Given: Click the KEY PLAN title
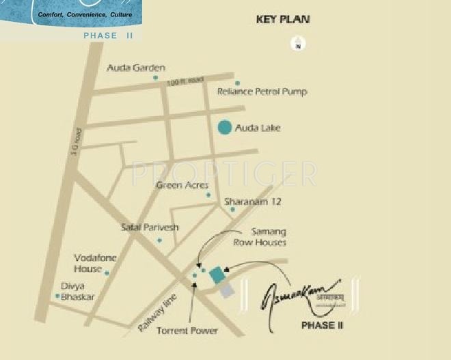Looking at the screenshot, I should click(283, 19).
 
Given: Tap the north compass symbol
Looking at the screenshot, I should click(299, 45).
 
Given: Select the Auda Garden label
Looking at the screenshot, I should click(137, 68).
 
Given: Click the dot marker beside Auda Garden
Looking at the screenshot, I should click(156, 78).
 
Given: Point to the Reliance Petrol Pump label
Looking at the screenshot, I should click(262, 92).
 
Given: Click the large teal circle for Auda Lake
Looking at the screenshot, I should click(223, 127).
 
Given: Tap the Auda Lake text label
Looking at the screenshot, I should click(258, 128).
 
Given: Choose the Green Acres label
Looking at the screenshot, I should click(182, 185).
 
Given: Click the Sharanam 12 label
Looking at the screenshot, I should click(252, 202).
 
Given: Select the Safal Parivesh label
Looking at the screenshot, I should click(150, 227).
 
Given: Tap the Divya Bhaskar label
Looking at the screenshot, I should click(77, 292).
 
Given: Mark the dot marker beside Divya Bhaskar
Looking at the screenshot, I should click(57, 296).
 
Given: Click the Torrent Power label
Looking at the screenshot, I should click(187, 331).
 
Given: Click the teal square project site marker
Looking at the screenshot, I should click(217, 275).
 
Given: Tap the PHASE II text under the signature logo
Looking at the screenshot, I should click(321, 325).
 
